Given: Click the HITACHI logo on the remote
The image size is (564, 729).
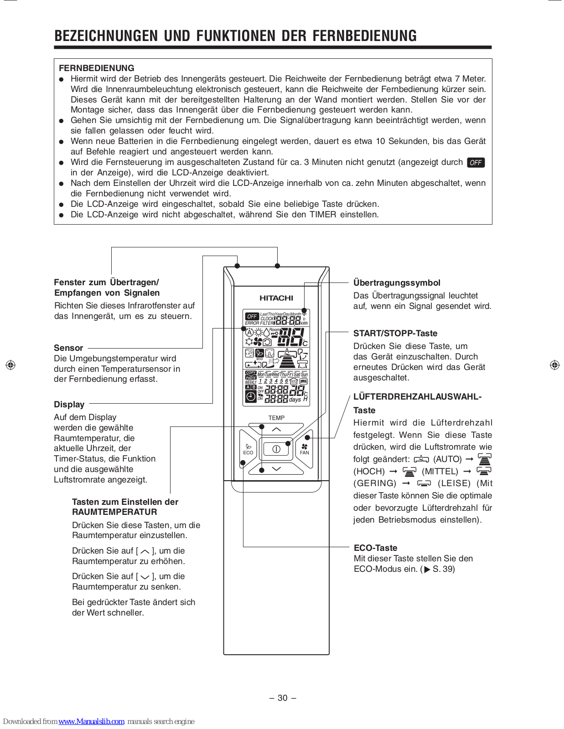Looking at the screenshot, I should pos(276,298).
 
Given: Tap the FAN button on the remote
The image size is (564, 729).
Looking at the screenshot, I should pos(305,449).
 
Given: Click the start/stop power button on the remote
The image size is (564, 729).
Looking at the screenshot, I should pos(276,449).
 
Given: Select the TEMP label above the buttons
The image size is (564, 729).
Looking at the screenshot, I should pos(276,418).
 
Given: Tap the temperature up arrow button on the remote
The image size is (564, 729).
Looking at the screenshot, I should pos(276,429).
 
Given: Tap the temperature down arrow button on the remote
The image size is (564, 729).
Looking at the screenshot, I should pos(276,468).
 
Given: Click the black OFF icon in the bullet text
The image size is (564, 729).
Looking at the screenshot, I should pos(476,163).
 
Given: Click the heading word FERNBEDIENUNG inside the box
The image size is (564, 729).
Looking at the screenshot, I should pos(97,68).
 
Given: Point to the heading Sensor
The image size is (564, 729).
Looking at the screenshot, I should pos(68,348).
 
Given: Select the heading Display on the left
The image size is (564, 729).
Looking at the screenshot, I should pos(69,405).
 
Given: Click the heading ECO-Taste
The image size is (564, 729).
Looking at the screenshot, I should pos(375,548).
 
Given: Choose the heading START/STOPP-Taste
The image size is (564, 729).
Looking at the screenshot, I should pos(395,333).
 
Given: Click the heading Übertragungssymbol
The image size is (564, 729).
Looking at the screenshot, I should pos(397,282).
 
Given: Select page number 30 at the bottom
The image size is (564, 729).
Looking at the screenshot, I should pos(283,698).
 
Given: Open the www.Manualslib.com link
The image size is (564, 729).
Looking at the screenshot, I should pos(91,721).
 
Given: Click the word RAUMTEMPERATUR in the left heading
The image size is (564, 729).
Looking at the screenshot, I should pos(114,512).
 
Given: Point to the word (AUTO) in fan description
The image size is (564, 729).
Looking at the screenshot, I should pos(447,459).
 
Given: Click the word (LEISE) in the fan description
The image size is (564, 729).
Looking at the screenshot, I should pos(454,483).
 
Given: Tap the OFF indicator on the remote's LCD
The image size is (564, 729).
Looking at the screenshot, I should pos(252,316).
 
